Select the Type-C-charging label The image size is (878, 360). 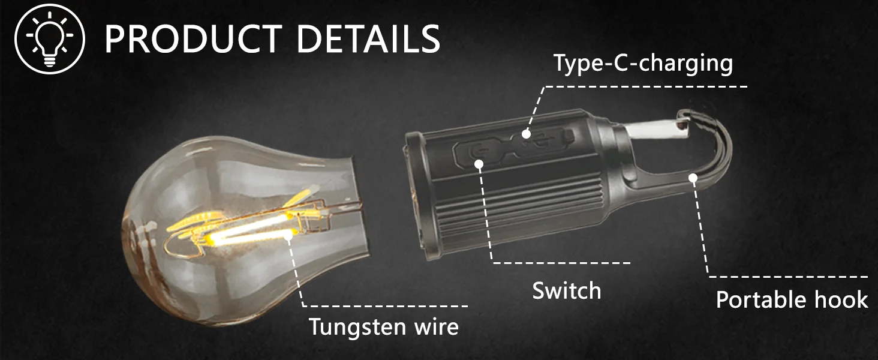click(x=643, y=63)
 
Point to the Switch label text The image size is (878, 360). click(x=566, y=291)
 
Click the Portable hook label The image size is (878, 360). click(x=792, y=299)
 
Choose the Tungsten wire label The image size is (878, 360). click(x=383, y=327)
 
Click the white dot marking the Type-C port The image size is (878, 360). click(x=526, y=133)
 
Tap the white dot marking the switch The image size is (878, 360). click(x=479, y=163)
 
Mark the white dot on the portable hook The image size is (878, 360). click(x=693, y=177)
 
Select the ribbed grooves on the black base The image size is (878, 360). click(x=516, y=210)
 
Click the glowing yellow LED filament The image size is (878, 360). click(x=252, y=231)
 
